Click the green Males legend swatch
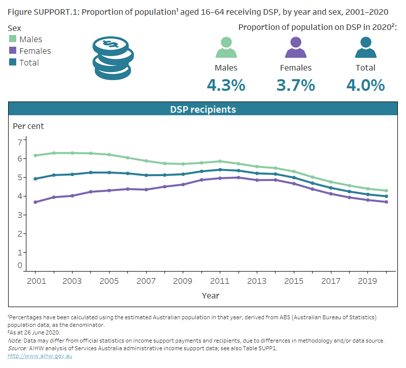13,39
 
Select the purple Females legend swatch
13,51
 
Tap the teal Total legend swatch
13,62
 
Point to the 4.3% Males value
226,85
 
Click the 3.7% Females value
295,85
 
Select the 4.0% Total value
365,85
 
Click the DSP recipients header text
203,109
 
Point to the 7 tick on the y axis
20,142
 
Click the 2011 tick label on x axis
219,281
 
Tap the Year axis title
211,295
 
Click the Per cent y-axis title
28,126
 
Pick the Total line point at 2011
219,170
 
